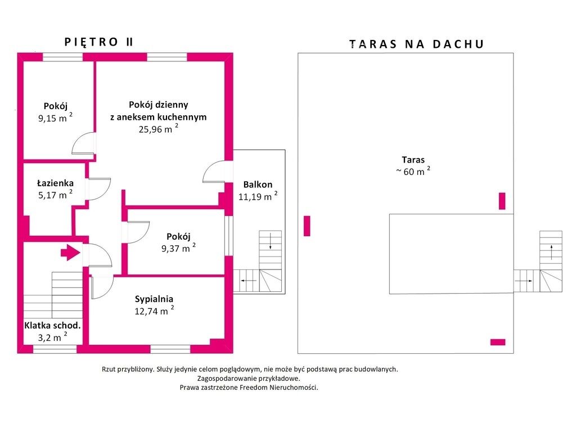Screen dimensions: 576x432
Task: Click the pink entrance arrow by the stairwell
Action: [x=70, y=253]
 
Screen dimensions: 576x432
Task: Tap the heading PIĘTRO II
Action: [x=99, y=42]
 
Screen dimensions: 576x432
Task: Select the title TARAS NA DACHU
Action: [x=417, y=44]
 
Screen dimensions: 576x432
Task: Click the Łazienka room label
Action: [x=56, y=183]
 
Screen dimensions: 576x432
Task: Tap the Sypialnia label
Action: [x=154, y=299]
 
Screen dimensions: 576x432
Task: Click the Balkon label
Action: [x=258, y=184]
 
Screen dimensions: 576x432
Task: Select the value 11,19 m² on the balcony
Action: [x=258, y=196]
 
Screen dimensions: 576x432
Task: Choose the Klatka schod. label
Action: [x=52, y=326]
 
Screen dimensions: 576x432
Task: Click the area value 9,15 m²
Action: [x=56, y=118]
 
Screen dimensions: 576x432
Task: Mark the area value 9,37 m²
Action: [x=178, y=248]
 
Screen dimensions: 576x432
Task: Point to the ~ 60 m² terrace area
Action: [x=413, y=171]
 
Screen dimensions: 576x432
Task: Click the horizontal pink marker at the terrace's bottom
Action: [x=498, y=342]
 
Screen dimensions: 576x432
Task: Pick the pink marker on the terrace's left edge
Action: [x=307, y=226]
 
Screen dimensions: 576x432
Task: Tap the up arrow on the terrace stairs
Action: [x=551, y=252]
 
